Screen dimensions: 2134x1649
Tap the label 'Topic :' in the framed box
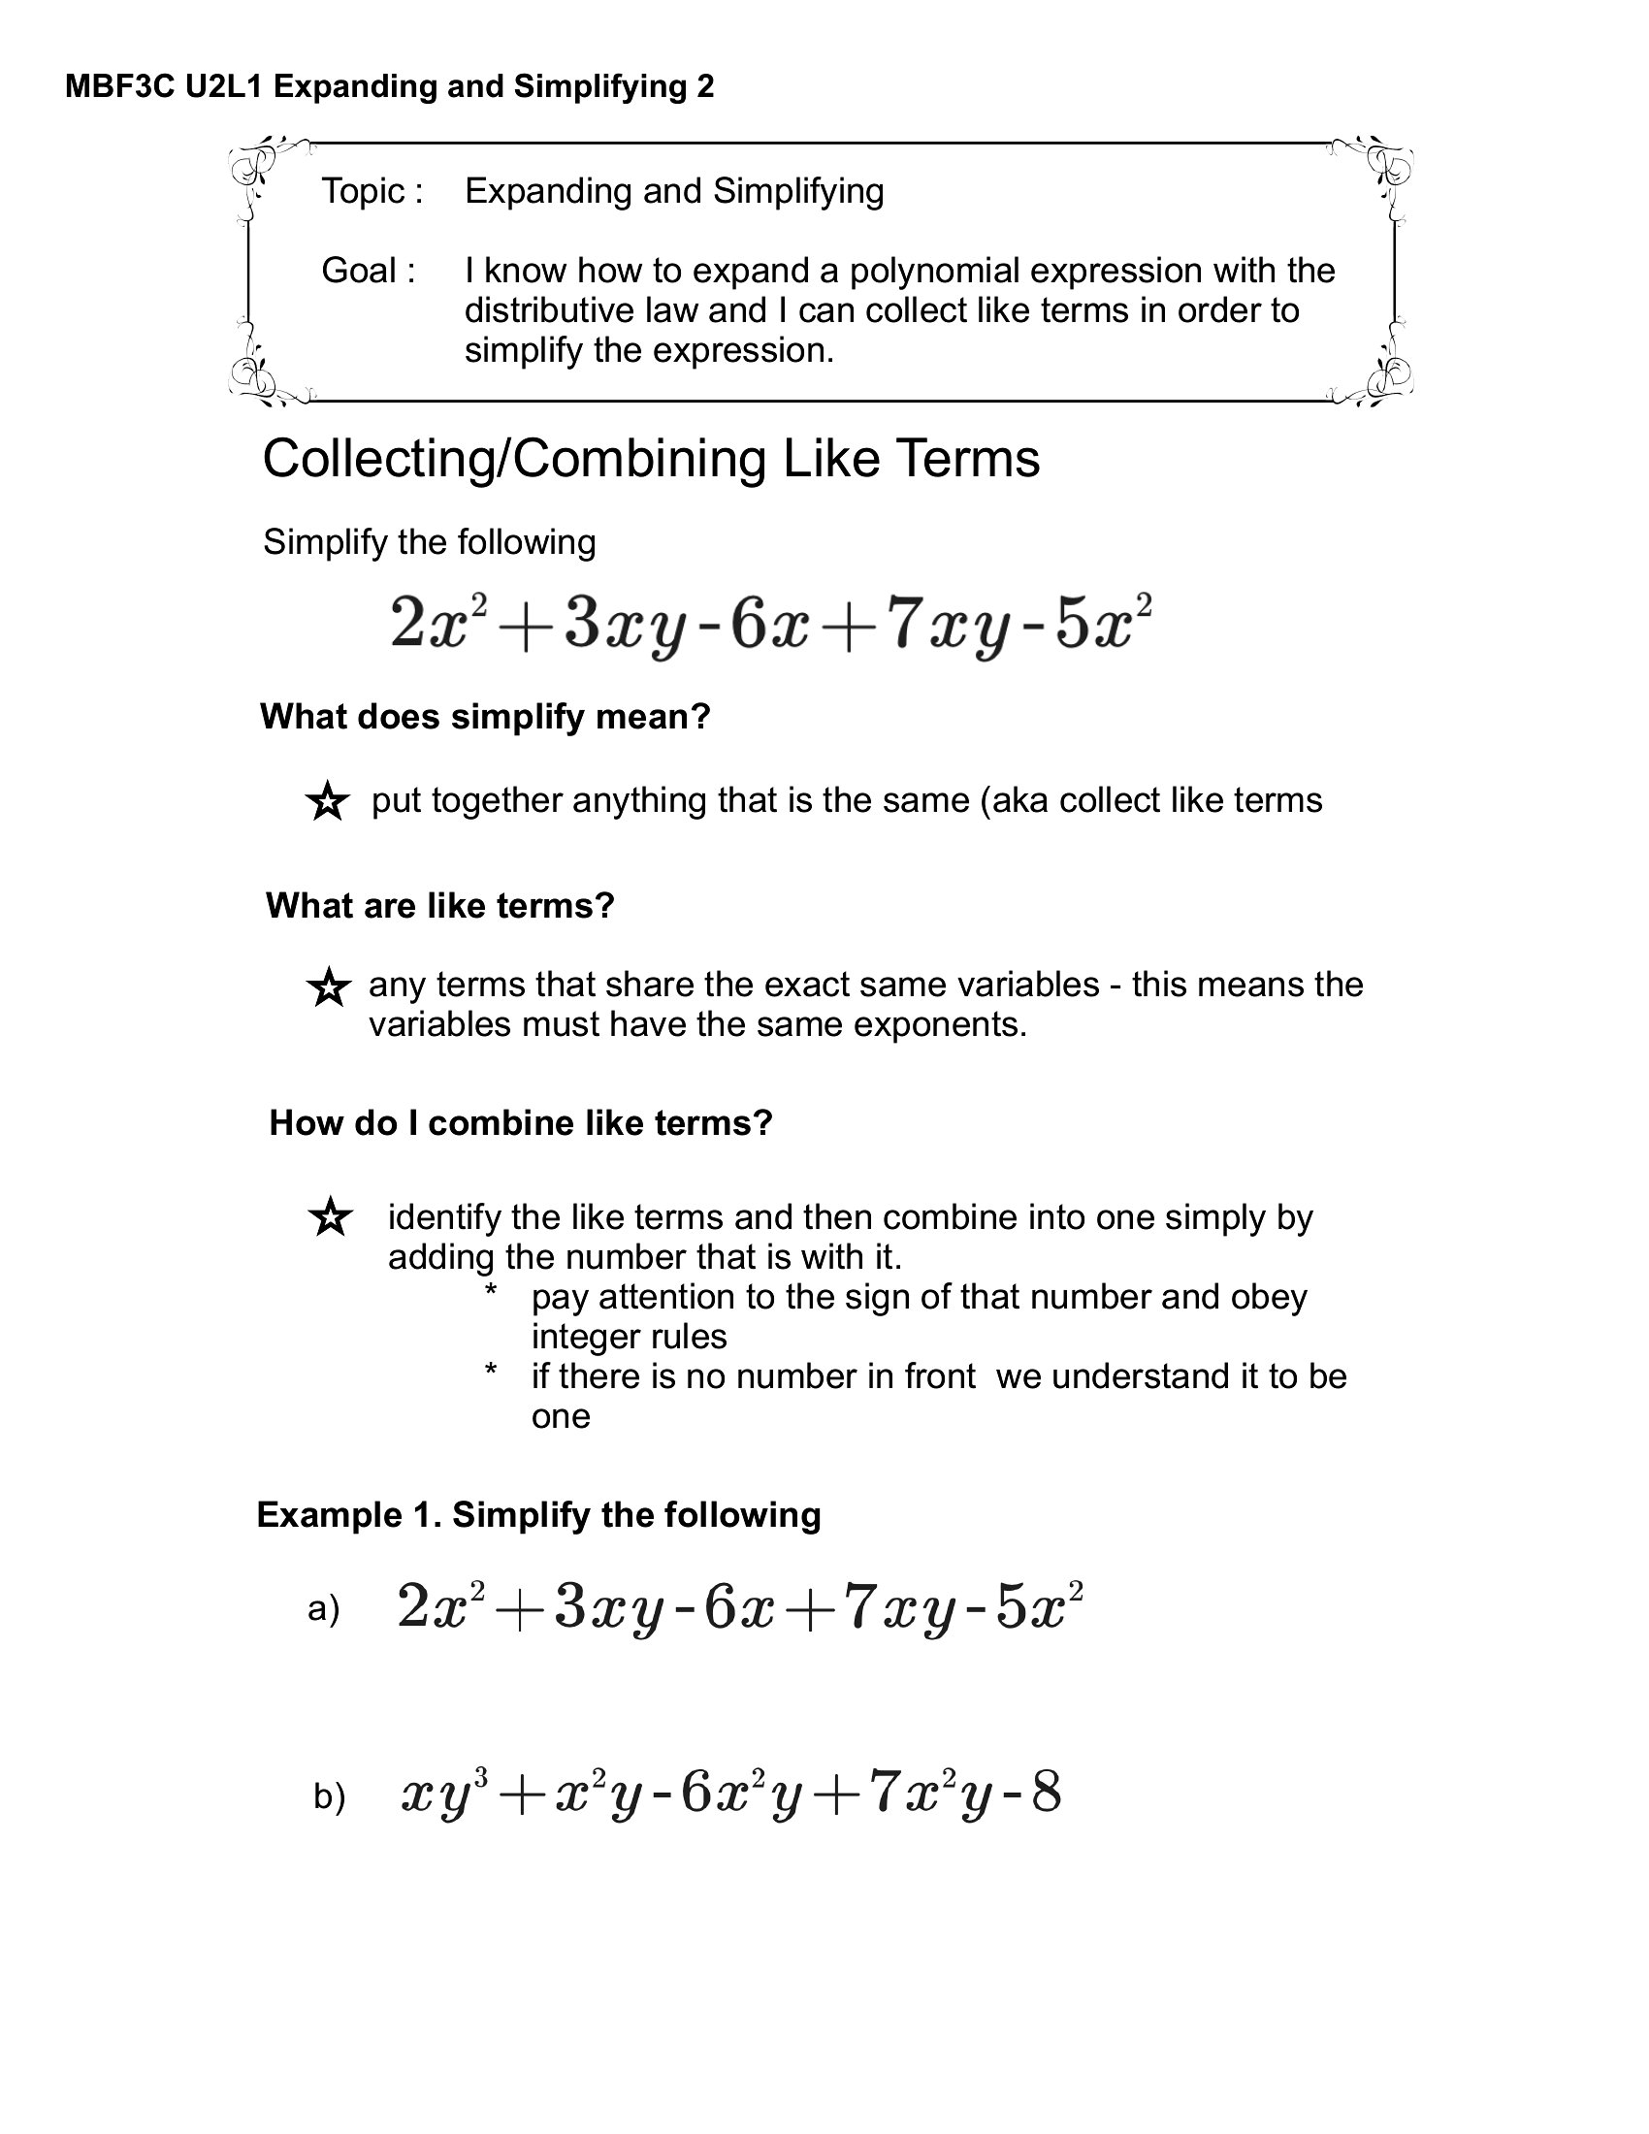pos(372,190)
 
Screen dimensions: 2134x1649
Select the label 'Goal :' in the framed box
pos(369,271)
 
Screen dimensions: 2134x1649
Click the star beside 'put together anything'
pos(327,802)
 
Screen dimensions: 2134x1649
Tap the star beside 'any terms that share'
pos(328,987)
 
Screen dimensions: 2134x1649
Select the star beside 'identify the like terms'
pos(330,1217)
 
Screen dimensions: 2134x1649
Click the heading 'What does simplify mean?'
pos(486,717)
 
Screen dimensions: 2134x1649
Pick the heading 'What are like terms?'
pos(439,906)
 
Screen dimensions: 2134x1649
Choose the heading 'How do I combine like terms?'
pos(521,1122)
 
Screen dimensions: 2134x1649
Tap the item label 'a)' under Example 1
pos(323,1608)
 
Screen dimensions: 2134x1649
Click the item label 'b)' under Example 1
pos(330,1795)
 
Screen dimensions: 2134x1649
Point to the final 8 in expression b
pos(1046,1793)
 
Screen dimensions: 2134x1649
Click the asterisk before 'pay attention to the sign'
pos(492,1293)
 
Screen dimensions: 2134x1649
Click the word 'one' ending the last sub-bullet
pos(561,1416)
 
